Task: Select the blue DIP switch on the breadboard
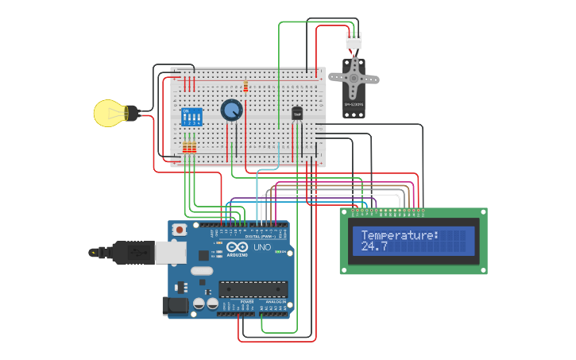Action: click(191, 117)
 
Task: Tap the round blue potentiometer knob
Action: click(231, 110)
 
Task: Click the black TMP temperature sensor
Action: click(297, 114)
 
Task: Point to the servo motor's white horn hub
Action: click(354, 78)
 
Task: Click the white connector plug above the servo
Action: click(354, 40)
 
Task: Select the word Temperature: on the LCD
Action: click(400, 235)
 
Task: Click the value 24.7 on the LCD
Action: click(374, 247)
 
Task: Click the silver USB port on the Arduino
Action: click(168, 252)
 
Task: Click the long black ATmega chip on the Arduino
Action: click(253, 289)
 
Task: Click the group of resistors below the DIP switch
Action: click(189, 147)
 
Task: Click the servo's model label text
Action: click(353, 104)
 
